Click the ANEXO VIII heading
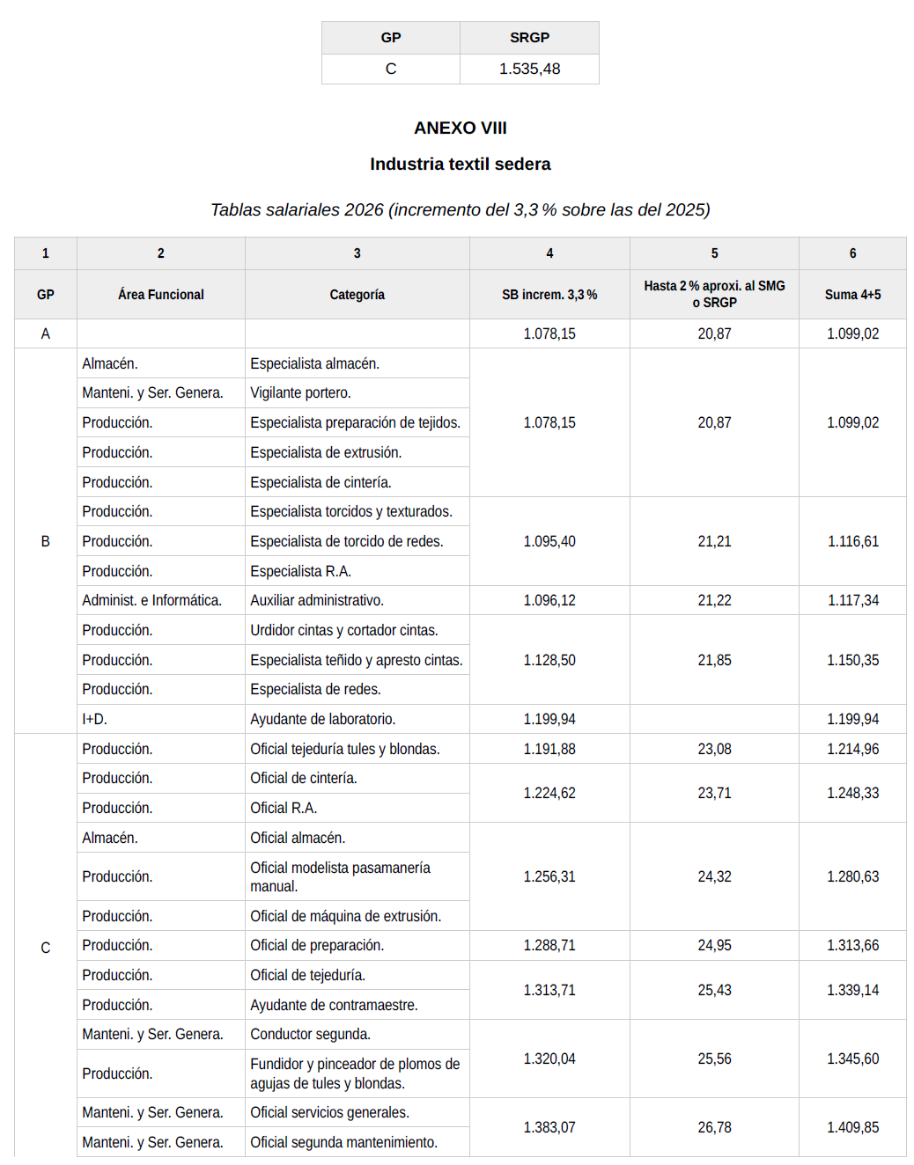coord(460,128)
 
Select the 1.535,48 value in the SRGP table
coord(529,69)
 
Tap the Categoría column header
coord(357,295)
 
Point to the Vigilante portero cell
coord(300,392)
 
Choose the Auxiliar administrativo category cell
coord(317,600)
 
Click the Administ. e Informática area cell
coord(151,600)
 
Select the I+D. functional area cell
coord(94,719)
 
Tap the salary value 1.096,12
coord(549,600)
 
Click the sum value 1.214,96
coord(852,749)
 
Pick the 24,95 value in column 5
coord(714,945)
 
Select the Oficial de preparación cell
coord(317,945)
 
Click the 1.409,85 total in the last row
coord(852,1127)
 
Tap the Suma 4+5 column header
coord(852,295)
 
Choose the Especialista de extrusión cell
coord(326,452)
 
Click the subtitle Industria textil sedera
coord(460,164)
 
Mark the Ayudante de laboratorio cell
coord(322,719)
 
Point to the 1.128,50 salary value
coord(549,660)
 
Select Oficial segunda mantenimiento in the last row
coord(343,1142)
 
